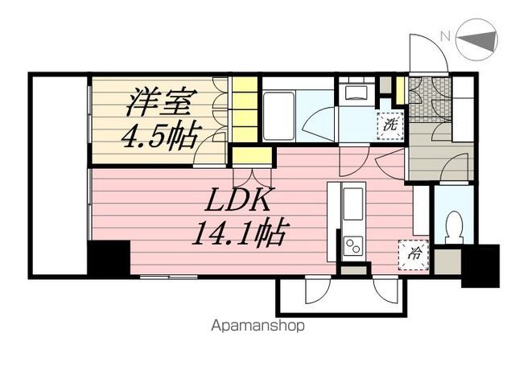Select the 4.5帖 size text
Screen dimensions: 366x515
pos(159,137)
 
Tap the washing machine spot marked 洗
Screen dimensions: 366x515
pos(389,125)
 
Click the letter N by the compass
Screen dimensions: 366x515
pos(444,35)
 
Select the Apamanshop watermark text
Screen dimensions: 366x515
pos(257,327)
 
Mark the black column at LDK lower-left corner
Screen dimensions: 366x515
pos(108,260)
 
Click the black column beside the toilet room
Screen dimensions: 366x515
pos(480,265)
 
